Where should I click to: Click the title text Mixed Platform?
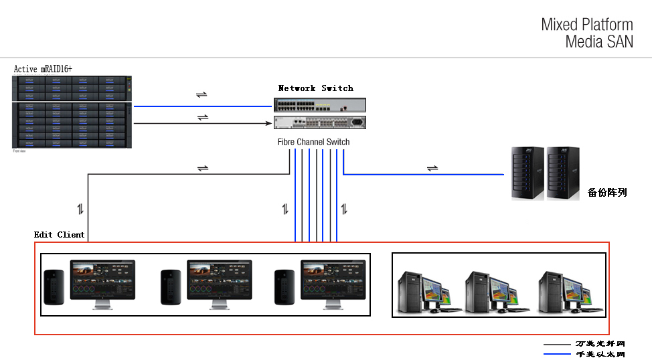point(586,25)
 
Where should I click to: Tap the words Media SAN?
point(598,41)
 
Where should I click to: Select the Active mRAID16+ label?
point(43,69)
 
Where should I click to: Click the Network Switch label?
point(315,88)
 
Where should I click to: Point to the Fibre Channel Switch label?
point(313,142)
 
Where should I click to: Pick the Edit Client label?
point(60,235)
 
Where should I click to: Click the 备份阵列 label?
point(607,192)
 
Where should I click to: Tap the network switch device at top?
point(320,105)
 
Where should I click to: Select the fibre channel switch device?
point(320,122)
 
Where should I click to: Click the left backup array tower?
point(526,173)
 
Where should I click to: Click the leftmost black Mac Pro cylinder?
point(53,288)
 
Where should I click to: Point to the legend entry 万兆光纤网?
point(600,344)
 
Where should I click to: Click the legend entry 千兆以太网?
point(600,354)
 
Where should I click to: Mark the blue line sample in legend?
point(557,354)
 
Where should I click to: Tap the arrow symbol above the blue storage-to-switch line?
point(201,94)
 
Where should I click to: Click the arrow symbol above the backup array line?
point(432,167)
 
